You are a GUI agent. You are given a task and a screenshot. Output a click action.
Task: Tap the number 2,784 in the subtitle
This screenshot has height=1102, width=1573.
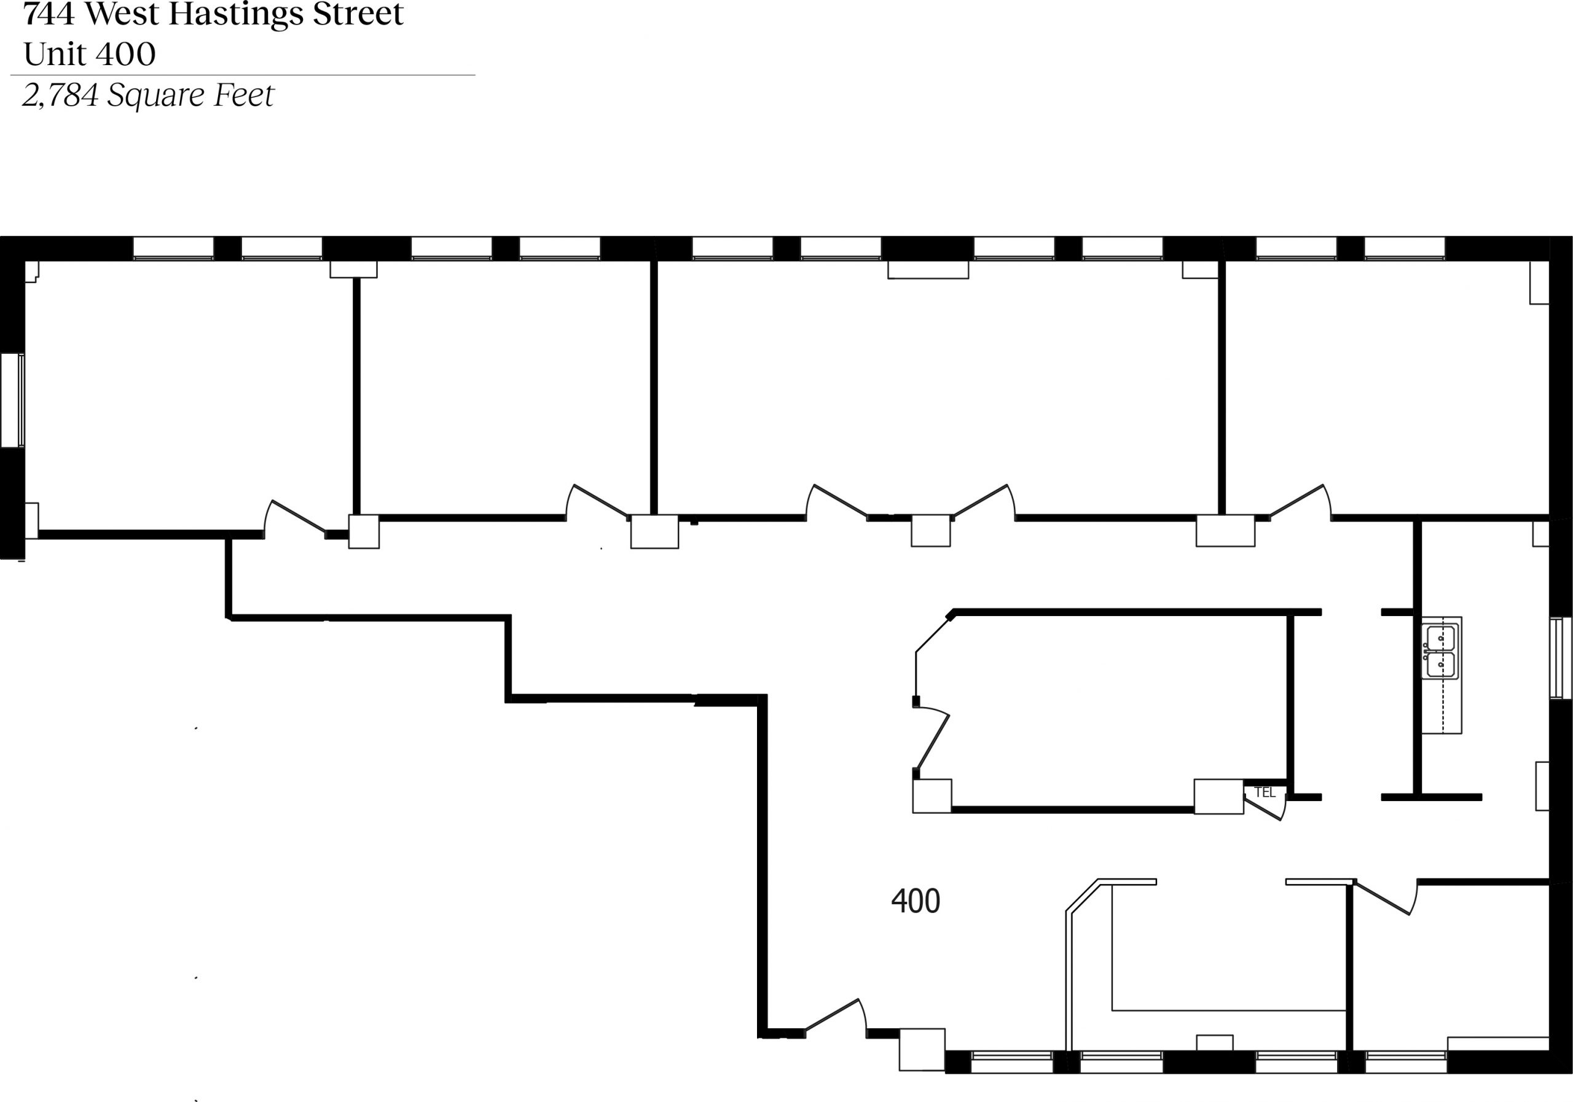[x=60, y=95]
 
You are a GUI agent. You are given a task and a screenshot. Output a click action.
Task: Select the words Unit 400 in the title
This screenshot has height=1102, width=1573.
[x=90, y=53]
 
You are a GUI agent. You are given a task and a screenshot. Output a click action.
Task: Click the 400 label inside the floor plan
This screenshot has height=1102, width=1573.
[x=916, y=901]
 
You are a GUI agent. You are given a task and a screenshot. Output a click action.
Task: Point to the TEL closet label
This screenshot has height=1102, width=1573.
[x=1265, y=792]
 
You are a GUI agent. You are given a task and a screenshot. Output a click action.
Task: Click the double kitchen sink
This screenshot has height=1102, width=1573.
[x=1441, y=651]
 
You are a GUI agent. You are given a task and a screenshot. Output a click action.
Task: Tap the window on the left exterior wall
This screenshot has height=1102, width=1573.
[x=12, y=401]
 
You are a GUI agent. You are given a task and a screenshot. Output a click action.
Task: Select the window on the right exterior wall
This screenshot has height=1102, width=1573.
[x=1561, y=658]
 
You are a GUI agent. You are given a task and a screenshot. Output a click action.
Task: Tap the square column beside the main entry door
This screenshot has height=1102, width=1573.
[x=922, y=1049]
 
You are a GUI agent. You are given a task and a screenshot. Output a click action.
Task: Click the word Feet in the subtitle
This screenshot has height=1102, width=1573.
[x=244, y=95]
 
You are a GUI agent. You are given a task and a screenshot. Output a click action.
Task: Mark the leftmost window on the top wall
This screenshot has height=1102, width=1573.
[x=173, y=248]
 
